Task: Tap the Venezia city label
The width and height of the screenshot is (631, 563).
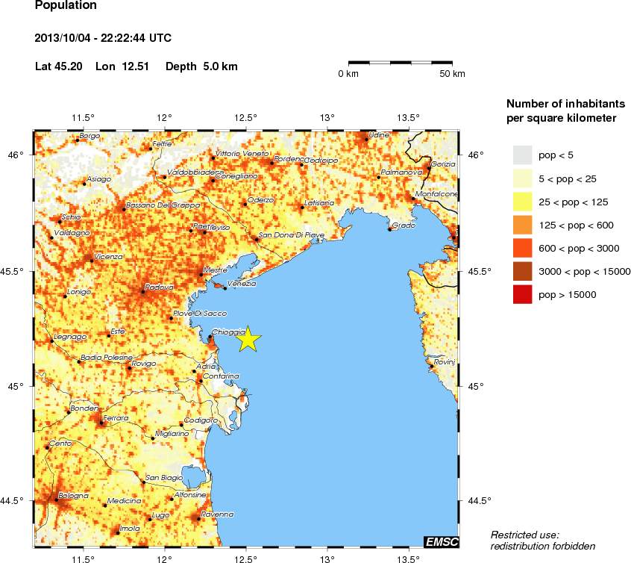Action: pos(242,284)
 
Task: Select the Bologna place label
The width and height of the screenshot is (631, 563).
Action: pos(74,495)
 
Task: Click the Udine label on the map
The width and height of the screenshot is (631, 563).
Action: pos(379,134)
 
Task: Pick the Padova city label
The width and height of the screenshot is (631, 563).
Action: pos(159,287)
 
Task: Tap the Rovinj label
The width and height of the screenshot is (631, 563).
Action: pos(444,361)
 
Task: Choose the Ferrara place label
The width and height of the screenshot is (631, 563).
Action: pos(116,418)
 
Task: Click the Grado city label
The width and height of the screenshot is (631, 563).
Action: pos(403,225)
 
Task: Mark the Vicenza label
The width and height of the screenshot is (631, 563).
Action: pos(108,256)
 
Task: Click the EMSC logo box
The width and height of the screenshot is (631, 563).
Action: pos(441,541)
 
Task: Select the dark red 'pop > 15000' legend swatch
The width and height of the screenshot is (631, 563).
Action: pos(522,295)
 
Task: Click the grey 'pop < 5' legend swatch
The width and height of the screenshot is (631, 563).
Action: pos(522,155)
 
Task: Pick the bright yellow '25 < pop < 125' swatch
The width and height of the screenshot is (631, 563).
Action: pos(522,202)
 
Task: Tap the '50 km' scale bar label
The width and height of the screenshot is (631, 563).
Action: pos(452,73)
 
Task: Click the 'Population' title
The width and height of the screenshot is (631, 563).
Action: pos(66,6)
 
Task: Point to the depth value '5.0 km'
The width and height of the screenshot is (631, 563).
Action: pos(220,66)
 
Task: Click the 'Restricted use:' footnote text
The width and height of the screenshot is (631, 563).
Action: pos(524,534)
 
